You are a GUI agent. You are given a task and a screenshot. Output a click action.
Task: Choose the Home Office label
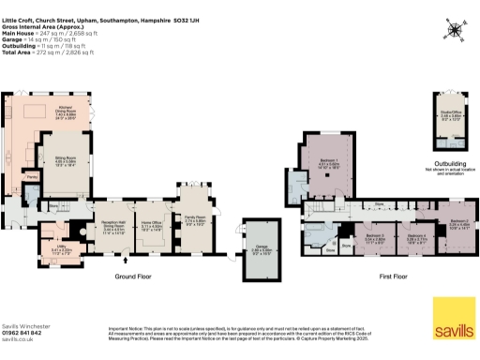coord(153,225)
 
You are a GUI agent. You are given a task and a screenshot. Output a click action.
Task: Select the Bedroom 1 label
coord(330,163)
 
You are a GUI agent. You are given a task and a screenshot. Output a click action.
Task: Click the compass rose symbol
coord(455,29)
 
